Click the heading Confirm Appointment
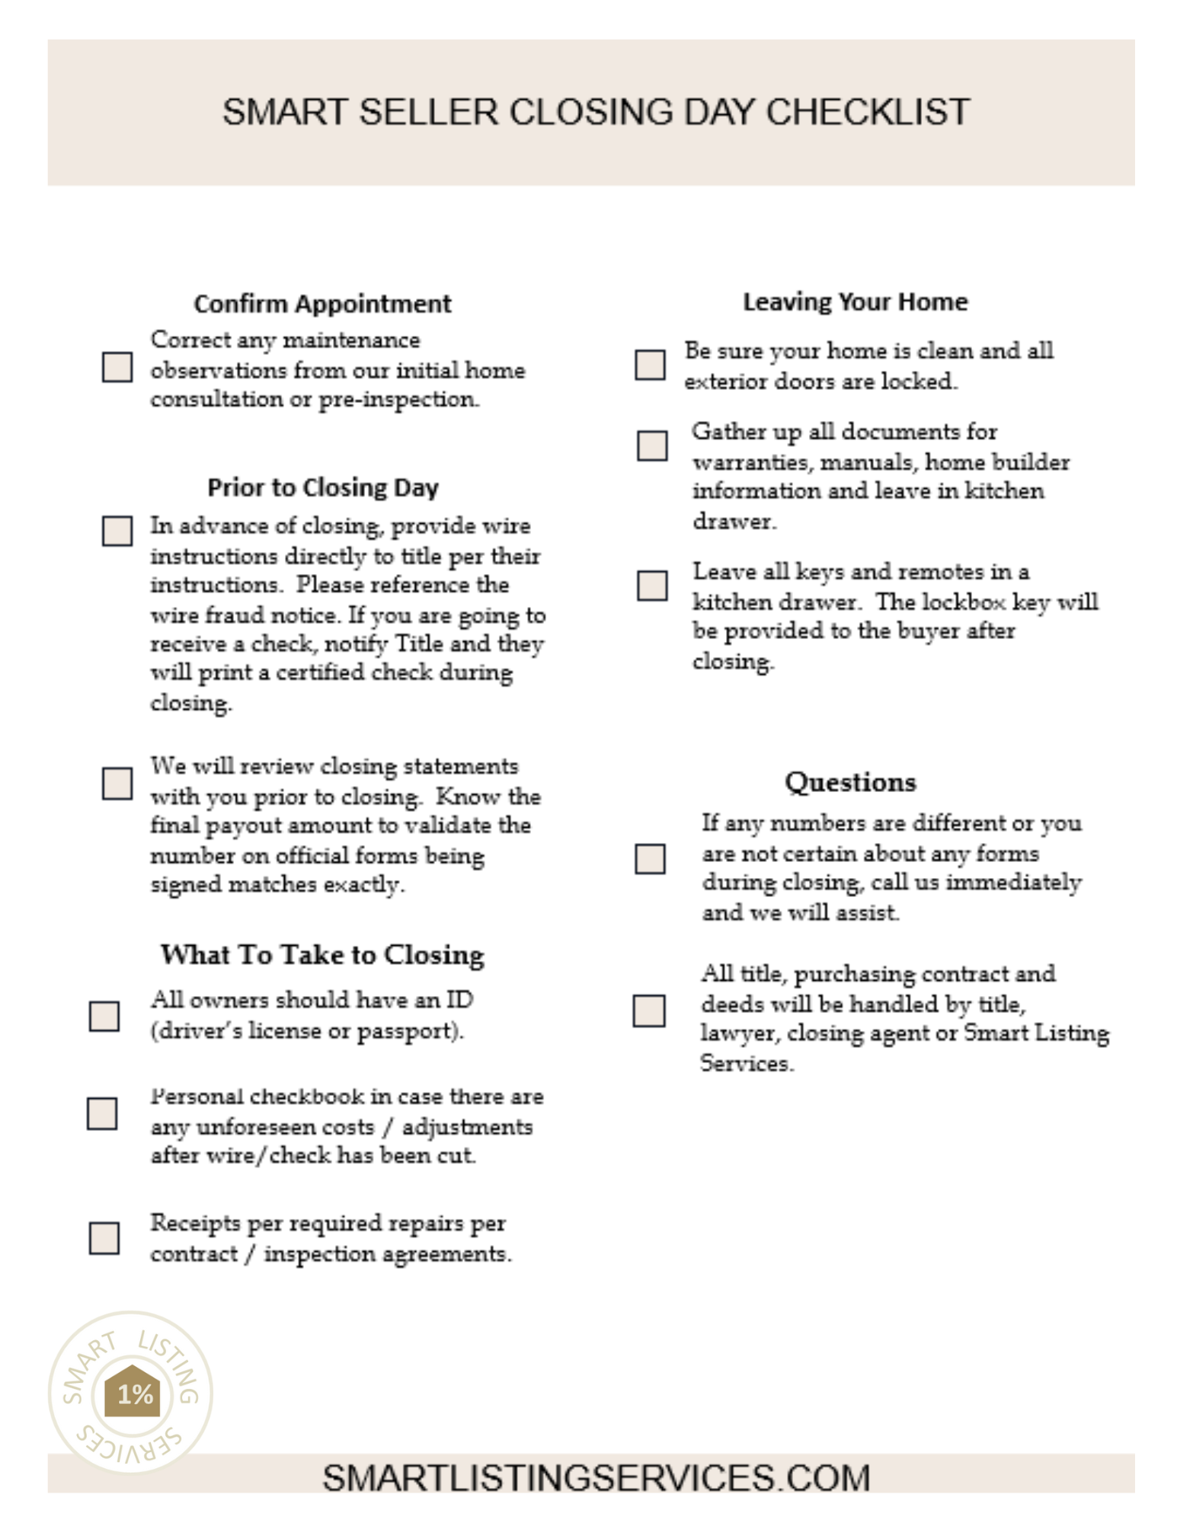322,303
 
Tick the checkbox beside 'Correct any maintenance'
117,366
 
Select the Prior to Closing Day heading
323,487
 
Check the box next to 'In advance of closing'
117,531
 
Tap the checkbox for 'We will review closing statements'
117,783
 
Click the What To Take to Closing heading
322,955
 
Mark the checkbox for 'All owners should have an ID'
104,1016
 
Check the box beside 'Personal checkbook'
102,1113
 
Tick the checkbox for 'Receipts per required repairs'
104,1238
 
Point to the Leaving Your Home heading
856,302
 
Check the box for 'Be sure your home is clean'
650,365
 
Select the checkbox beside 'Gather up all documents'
652,445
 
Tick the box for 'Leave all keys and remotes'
652,586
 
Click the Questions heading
850,782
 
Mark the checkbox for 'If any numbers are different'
650,859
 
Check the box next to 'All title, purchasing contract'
649,1011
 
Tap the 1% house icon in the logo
133,1392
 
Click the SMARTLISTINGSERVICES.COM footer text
596,1478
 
